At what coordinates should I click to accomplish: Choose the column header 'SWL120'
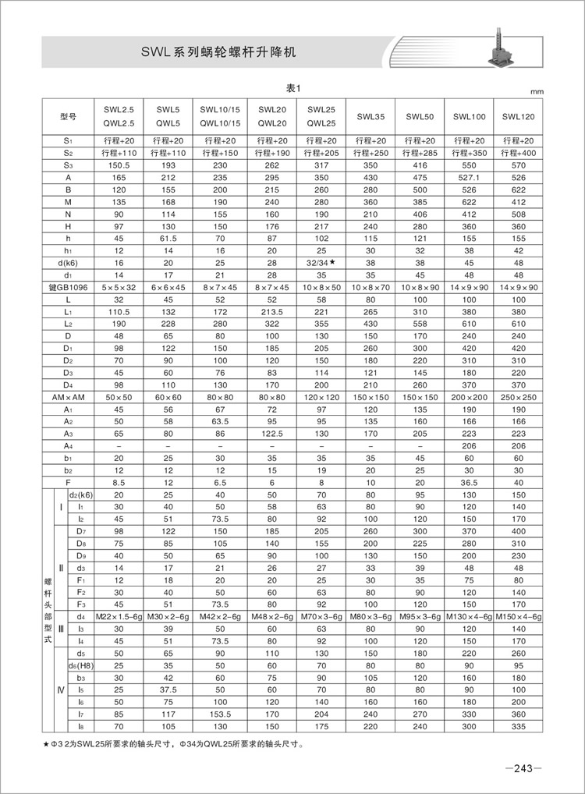click(x=517, y=117)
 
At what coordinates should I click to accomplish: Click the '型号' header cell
click(x=68, y=117)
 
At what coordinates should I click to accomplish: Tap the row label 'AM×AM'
click(x=68, y=398)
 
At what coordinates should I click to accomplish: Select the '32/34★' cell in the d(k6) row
click(x=321, y=264)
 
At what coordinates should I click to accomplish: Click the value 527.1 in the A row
click(x=469, y=177)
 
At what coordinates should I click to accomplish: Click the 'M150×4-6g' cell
click(x=517, y=616)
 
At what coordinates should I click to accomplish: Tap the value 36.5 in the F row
click(x=469, y=484)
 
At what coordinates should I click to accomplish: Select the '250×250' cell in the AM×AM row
click(x=517, y=398)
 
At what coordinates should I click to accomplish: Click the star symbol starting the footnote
click(x=48, y=743)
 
